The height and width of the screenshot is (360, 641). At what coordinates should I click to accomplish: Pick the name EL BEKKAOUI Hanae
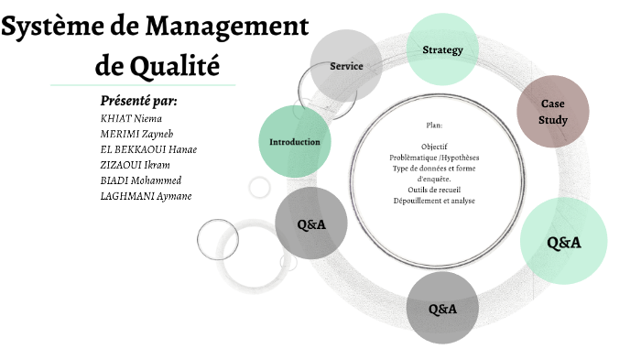coord(148,149)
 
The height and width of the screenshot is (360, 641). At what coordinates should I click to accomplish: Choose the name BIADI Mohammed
coord(140,180)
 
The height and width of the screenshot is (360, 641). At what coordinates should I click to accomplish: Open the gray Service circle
coord(346,66)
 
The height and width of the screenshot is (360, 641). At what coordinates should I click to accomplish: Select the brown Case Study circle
coord(553,112)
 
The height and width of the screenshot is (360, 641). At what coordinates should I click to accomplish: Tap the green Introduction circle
coord(294,142)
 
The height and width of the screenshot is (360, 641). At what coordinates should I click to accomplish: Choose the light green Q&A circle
coord(564,243)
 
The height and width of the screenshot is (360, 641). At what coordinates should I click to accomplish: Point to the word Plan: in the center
coord(434,125)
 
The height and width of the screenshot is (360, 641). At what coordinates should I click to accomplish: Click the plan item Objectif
coord(434,147)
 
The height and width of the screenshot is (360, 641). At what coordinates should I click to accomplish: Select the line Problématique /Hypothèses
coord(434,158)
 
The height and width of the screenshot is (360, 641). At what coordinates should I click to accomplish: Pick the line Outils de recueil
coord(434,190)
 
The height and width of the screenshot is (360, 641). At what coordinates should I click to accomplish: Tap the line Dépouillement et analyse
coord(434,201)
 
